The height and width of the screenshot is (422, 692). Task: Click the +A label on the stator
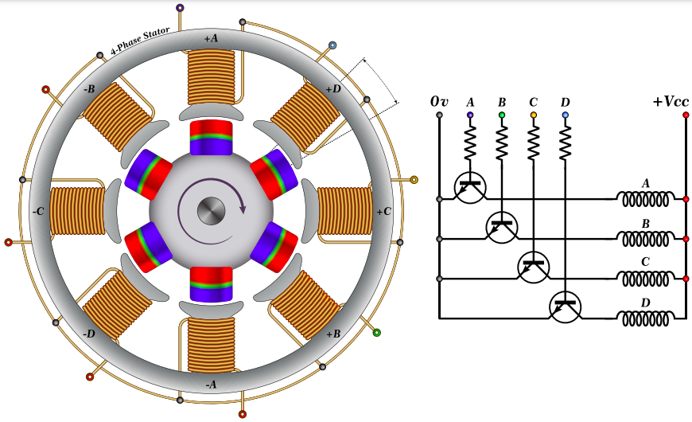[x=211, y=38]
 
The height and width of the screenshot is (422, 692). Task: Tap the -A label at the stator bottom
[x=211, y=385]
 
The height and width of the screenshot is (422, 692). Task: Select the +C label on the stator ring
[x=383, y=212]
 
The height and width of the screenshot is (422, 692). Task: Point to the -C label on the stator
[x=38, y=212]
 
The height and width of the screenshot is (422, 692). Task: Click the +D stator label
[x=333, y=88]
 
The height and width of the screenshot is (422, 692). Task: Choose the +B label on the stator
[x=333, y=334]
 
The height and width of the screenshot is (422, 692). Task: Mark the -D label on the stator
[x=89, y=334]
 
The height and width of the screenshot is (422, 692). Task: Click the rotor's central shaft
[x=211, y=211]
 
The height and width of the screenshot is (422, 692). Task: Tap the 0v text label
[x=439, y=102]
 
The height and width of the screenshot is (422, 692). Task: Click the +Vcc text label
[x=671, y=102]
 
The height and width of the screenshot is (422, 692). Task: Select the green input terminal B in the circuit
[x=502, y=115]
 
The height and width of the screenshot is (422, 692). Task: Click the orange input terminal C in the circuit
[x=534, y=115]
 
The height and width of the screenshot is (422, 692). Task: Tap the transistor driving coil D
[x=566, y=306]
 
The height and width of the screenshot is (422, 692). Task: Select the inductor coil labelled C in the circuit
[x=647, y=279]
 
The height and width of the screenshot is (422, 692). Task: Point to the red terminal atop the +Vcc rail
[x=686, y=115]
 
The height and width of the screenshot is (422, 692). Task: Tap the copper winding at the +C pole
[x=344, y=212]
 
